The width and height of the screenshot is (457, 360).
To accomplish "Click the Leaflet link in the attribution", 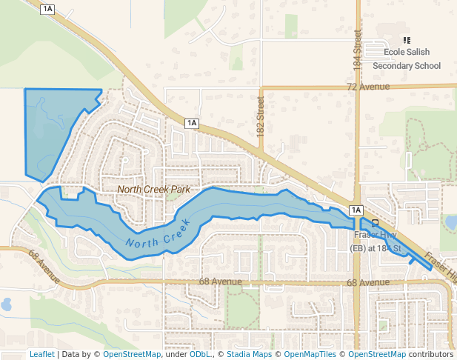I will tap(41, 354).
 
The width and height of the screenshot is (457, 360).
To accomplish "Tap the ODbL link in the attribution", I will tap(199, 354).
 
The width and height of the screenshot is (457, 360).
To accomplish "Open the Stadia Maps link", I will tap(249, 354).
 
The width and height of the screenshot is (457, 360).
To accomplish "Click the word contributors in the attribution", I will tap(431, 354).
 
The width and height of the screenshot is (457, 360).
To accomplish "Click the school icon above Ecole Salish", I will tap(406, 40).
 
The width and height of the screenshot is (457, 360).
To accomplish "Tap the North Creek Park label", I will tap(153, 190).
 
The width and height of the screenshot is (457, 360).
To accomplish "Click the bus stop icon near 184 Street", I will tap(375, 222).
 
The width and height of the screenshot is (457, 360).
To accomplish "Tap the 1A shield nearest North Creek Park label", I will tap(192, 123).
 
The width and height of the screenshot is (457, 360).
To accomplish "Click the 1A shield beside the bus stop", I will tap(356, 210).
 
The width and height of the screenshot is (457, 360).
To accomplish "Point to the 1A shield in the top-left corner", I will tap(48, 9).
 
